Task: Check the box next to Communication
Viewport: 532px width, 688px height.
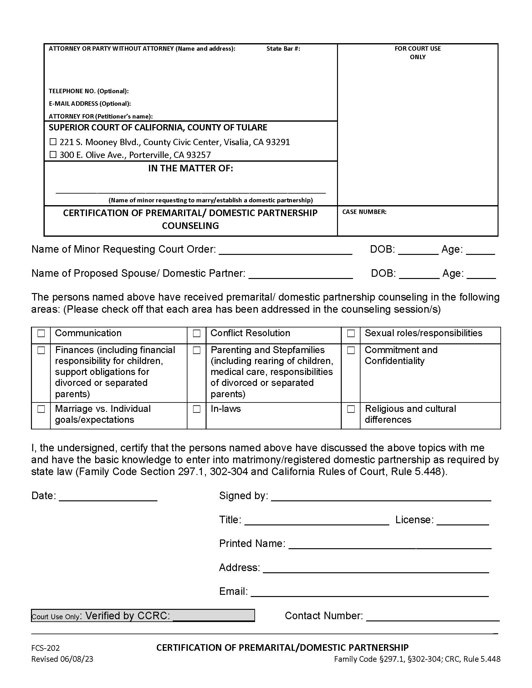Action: point(41,333)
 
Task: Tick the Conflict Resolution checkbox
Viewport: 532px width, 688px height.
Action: point(197,333)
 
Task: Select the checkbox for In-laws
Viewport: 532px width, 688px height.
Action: point(197,409)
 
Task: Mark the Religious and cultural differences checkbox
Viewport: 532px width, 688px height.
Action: point(351,409)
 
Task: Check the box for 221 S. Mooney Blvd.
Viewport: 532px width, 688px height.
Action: point(53,142)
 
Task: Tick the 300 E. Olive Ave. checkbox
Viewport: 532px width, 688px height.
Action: point(53,155)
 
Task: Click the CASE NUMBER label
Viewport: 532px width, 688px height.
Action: point(364,212)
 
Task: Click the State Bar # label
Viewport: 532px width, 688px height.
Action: point(283,48)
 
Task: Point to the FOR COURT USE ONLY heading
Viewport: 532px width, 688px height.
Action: point(417,53)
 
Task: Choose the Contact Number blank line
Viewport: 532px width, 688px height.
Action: point(432,617)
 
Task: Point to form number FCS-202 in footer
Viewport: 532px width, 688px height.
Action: point(45,648)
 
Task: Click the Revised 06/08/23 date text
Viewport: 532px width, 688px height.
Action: point(62,659)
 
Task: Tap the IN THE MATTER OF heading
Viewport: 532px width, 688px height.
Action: point(190,169)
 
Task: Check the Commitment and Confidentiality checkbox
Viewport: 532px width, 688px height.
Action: point(351,350)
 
